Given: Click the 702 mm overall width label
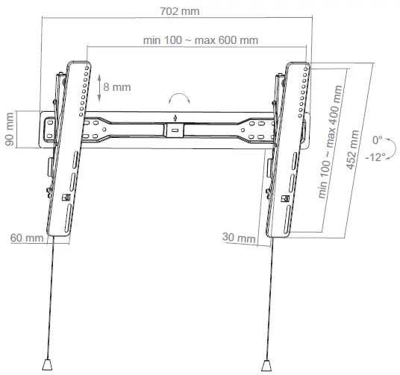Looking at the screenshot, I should click(174, 12).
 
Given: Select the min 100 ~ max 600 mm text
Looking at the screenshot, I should click(200, 40).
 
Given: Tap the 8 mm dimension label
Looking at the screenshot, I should click(116, 87).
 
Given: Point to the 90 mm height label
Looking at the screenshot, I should click(10, 130).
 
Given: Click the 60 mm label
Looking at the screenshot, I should click(26, 239).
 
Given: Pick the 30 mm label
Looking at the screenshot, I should click(238, 237).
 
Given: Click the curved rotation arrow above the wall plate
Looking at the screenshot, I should click(179, 100).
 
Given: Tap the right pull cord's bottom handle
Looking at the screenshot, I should click(266, 365).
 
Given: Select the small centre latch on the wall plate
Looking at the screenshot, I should click(175, 130).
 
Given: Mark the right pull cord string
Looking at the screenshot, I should click(269, 298).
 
